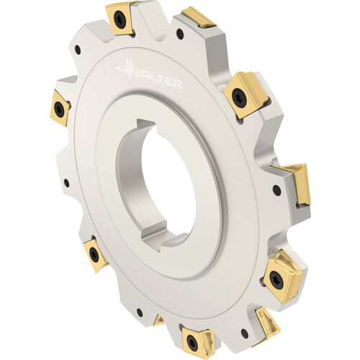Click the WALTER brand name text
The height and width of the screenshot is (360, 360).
coord(158,79)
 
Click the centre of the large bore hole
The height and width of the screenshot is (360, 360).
coord(164,182)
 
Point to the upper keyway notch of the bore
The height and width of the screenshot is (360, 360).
coord(145,124)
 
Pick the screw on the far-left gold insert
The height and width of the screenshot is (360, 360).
coord(59,107)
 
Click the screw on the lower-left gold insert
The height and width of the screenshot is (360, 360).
coord(94,253)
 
